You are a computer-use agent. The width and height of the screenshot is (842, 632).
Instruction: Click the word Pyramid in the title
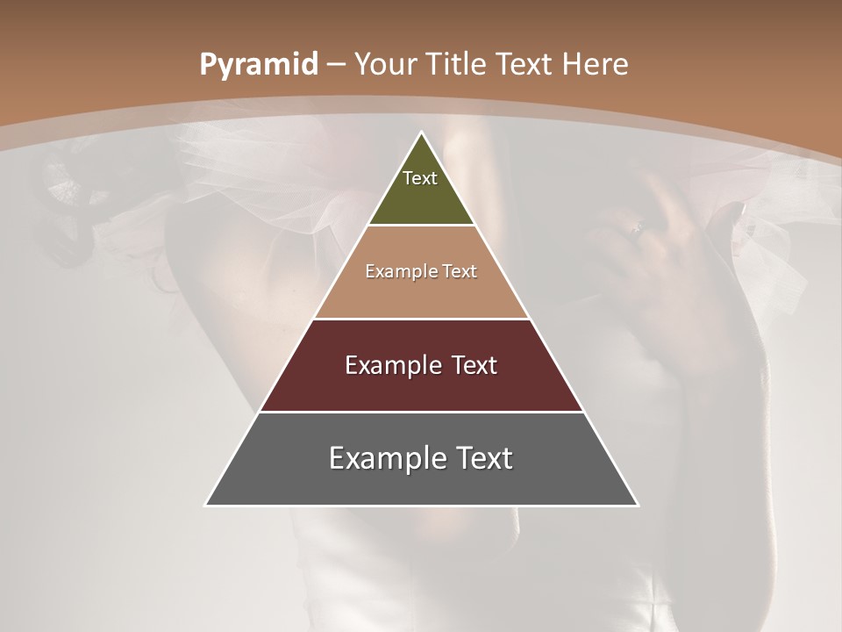[259, 65]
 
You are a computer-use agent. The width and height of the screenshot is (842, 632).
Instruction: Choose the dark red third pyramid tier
[421, 386]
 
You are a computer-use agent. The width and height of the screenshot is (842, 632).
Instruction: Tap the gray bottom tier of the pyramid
[421, 483]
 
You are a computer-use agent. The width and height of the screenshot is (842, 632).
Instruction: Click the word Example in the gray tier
[386, 458]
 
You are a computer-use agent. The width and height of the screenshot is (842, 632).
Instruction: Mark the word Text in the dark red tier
[475, 365]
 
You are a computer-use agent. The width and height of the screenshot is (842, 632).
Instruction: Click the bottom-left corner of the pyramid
[207, 504]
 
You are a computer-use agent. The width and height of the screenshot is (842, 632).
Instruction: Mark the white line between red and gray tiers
[421, 412]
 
